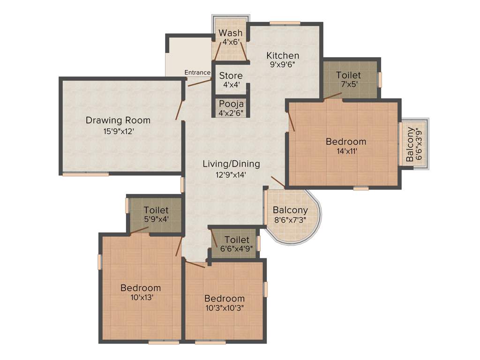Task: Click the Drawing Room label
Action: [x=118, y=120]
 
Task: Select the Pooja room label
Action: [x=231, y=104]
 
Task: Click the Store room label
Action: [x=231, y=75]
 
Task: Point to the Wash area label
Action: [x=231, y=33]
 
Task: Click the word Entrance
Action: [x=197, y=72]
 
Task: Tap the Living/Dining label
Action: [x=231, y=164]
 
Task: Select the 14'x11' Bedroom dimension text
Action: [x=346, y=151]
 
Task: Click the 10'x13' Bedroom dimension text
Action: [x=141, y=297]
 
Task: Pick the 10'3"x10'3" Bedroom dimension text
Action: [x=224, y=307]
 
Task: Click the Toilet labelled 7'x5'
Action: [x=348, y=75]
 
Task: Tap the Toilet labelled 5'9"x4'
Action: [x=156, y=210]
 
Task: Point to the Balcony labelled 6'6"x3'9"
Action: [x=411, y=144]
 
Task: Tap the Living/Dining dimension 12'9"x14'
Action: [x=231, y=174]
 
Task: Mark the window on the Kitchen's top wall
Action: [x=285, y=22]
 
